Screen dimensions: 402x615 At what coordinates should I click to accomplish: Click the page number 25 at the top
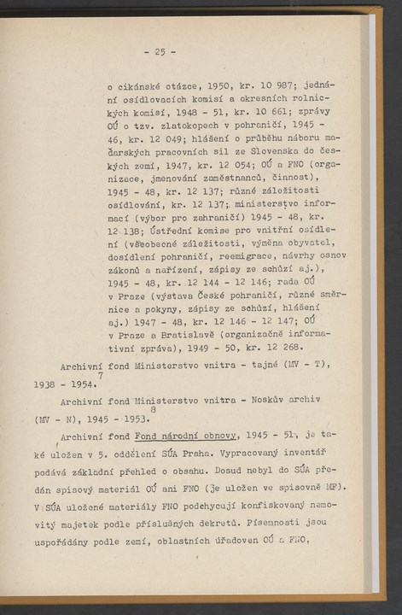click(160, 51)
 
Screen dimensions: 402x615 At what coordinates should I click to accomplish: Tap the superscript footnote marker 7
click(101, 374)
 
